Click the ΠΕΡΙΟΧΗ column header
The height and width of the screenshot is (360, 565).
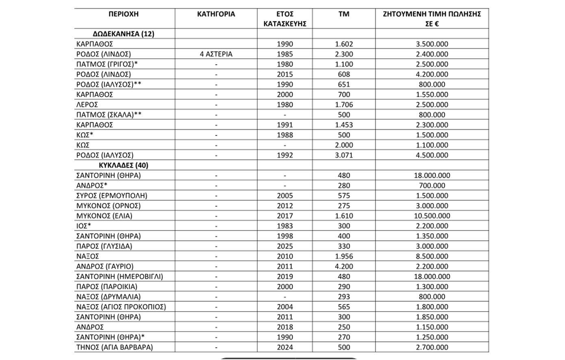[124, 14]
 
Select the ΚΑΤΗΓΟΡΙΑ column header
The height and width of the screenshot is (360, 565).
[216, 14]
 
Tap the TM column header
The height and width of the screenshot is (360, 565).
[344, 14]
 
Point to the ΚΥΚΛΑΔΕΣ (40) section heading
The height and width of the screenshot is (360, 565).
[124, 166]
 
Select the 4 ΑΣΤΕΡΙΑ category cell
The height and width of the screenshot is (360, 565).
[216, 54]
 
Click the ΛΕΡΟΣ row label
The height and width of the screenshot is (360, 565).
[87, 105]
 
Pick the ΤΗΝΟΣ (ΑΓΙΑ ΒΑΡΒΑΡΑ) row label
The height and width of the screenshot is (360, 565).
[115, 347]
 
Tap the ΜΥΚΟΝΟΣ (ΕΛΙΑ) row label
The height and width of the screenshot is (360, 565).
[104, 216]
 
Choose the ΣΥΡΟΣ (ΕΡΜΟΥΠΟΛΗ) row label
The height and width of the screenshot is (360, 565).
[112, 196]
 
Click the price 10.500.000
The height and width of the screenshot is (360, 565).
[432, 216]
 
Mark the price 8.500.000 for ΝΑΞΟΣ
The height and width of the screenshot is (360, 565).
[432, 256]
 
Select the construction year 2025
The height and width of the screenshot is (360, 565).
[285, 246]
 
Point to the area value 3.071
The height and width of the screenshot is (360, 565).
[344, 155]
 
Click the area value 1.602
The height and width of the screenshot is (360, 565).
[344, 44]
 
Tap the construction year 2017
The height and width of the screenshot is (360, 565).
[285, 216]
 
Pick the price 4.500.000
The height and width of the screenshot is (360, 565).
[432, 155]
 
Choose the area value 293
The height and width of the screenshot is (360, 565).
[344, 297]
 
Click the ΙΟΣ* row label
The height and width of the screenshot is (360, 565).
[84, 226]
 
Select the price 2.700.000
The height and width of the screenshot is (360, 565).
[432, 347]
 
